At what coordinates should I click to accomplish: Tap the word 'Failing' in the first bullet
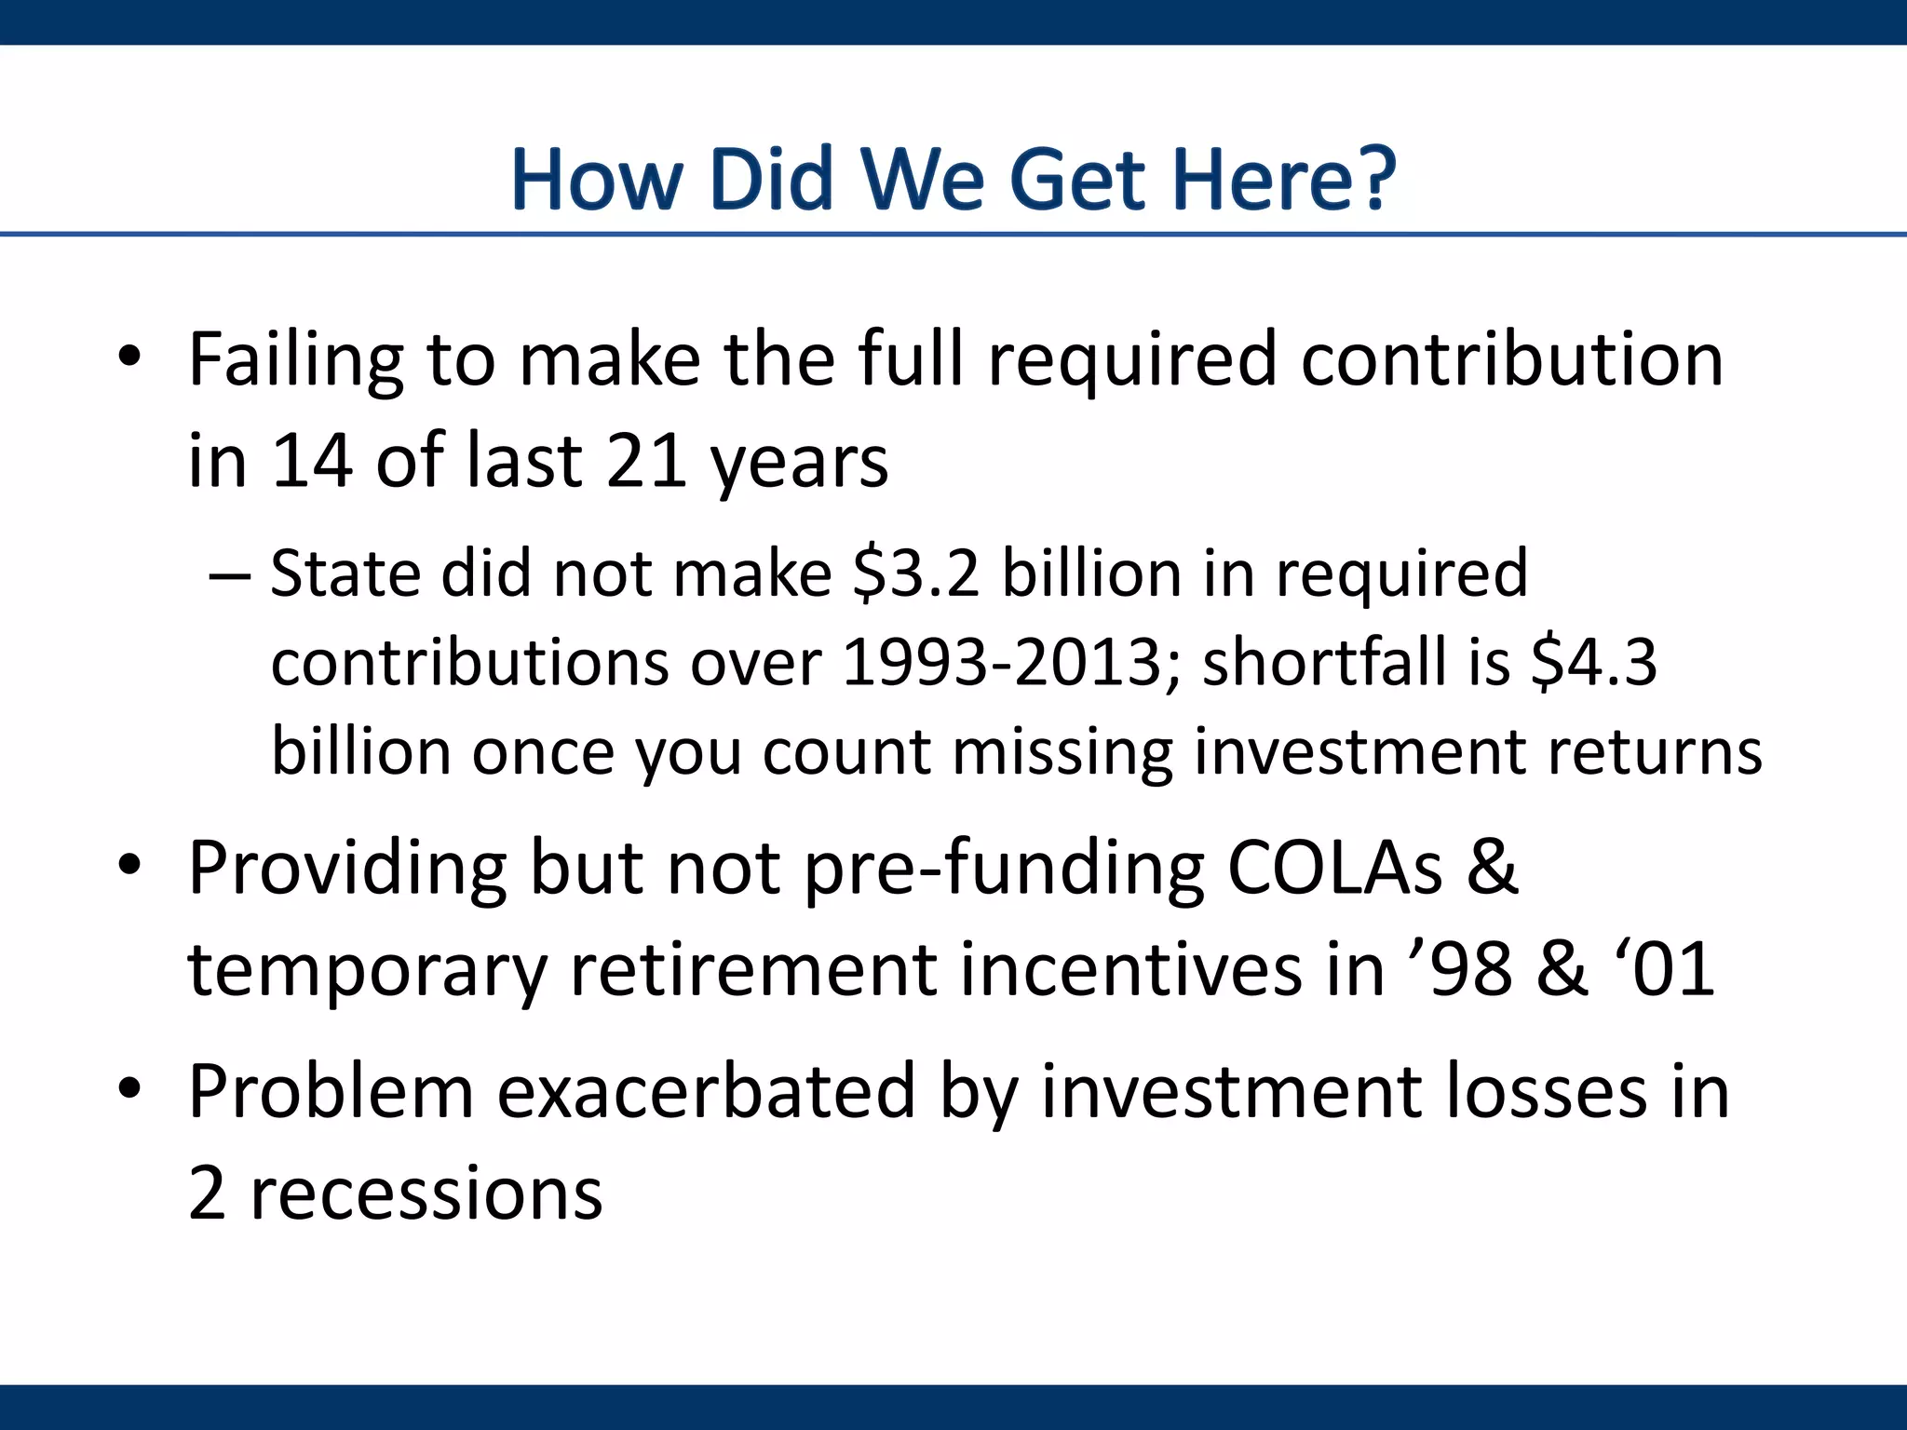(295, 361)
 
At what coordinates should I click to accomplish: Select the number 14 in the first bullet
(312, 462)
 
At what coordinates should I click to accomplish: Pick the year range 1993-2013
(1003, 663)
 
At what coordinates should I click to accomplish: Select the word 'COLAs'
(1335, 870)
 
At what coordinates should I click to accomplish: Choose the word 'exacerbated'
(706, 1093)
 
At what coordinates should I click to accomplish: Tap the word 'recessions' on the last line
(426, 1194)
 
